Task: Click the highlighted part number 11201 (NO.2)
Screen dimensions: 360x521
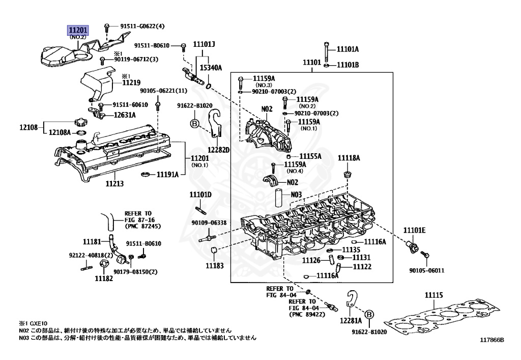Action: (78, 31)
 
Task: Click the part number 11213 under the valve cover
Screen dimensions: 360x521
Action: (114, 183)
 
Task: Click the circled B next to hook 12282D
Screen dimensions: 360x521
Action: (194, 123)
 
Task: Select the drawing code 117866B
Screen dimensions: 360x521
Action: (490, 340)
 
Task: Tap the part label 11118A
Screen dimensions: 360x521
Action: (349, 158)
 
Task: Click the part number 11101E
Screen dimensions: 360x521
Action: (414, 230)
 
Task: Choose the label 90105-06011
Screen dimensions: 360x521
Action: (426, 270)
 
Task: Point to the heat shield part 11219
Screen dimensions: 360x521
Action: (97, 81)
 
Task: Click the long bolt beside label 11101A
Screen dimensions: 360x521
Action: (326, 51)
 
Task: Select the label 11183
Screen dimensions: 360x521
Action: (214, 266)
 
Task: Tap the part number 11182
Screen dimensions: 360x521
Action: (103, 278)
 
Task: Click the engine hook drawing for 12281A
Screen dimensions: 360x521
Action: (351, 300)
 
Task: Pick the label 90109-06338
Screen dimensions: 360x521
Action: (209, 223)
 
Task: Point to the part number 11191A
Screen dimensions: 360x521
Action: (167, 174)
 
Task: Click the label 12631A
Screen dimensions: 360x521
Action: (124, 115)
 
